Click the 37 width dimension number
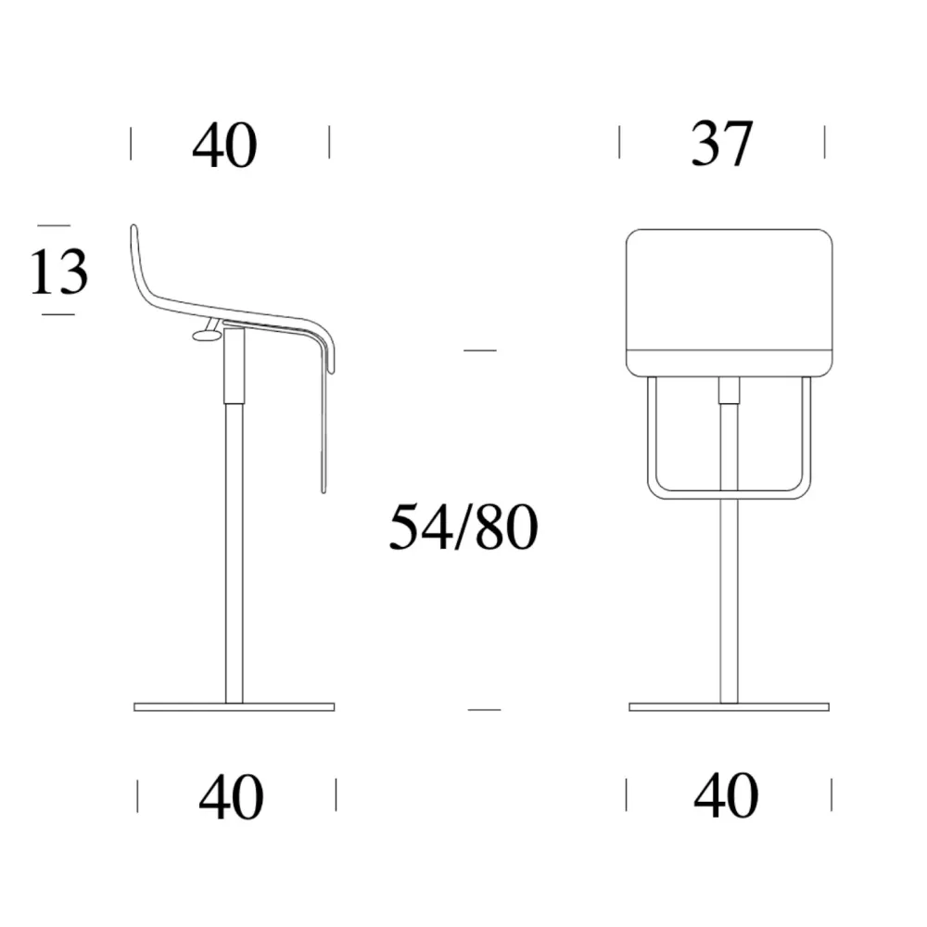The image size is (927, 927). click(722, 144)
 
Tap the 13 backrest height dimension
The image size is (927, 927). click(58, 272)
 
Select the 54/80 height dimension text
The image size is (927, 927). click(463, 527)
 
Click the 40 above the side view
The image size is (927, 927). click(224, 145)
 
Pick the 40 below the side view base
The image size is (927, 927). click(231, 797)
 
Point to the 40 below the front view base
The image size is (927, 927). click(726, 794)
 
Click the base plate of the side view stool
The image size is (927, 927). click(235, 707)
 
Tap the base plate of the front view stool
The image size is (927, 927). click(729, 707)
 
